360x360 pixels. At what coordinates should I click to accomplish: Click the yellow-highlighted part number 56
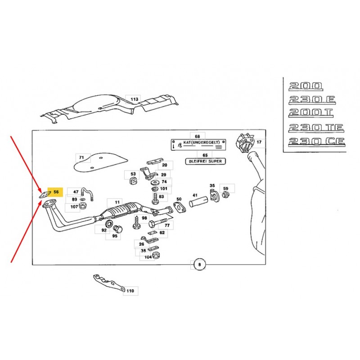coord(56,192)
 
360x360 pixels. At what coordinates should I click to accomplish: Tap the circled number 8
coord(199,265)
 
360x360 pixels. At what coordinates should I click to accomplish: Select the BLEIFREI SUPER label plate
coord(206,162)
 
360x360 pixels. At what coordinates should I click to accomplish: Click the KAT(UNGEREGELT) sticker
coord(198,144)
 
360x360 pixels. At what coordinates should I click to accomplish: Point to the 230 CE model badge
coord(317,142)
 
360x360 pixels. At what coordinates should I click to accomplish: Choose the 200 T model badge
coord(311,113)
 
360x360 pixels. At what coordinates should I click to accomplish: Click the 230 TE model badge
coord(316,128)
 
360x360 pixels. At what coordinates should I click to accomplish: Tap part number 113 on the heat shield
coord(134,99)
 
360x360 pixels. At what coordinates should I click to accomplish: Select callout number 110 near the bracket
coord(130,291)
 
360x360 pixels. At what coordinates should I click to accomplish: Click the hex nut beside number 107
coord(83,206)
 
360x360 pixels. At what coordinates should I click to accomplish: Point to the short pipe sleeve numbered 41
coord(198,202)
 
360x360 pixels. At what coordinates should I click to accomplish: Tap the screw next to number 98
coord(136,222)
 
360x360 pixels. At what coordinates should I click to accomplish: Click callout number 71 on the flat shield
coord(81,157)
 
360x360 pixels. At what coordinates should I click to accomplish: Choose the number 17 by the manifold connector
coord(259,142)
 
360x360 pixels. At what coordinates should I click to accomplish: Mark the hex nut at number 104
coord(156,255)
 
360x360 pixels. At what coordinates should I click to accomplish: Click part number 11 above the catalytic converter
coord(117,202)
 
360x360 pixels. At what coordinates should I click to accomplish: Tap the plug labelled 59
coord(226,195)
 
